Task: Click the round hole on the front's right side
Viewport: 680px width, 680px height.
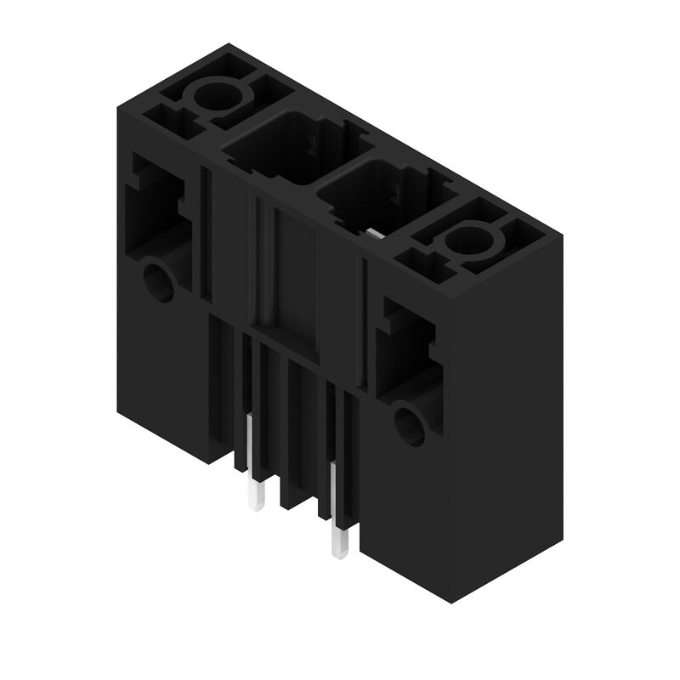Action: (x=410, y=422)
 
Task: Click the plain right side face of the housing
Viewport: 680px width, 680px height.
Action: (x=506, y=425)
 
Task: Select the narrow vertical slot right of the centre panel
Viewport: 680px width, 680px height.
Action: (x=363, y=323)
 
